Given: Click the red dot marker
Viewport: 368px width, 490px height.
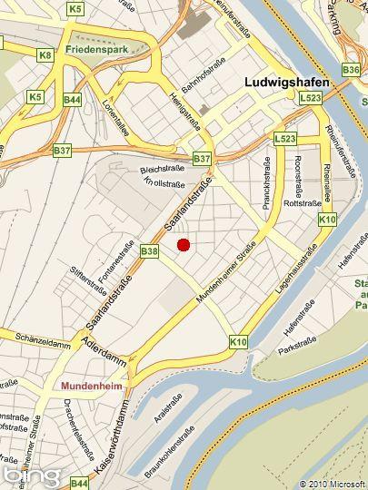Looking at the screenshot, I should [x=183, y=244].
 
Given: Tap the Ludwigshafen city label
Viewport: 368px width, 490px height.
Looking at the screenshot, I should [x=287, y=82].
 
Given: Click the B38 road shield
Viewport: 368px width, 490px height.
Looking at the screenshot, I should [x=150, y=250].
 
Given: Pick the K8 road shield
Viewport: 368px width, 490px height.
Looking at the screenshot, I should [x=45, y=55].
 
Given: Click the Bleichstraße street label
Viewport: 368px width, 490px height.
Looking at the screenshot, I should [x=162, y=170].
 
